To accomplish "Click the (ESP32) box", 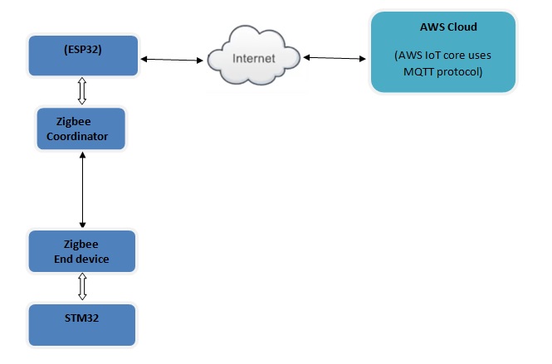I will [81, 55].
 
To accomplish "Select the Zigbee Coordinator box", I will [81, 129].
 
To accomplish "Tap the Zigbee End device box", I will [81, 252].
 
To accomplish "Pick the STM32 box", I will [81, 324].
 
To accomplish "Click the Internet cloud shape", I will [253, 59].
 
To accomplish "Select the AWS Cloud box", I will [443, 51].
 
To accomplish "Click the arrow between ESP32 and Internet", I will [173, 60].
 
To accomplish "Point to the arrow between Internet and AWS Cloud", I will [336, 58].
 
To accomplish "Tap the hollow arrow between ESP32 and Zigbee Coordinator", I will [81, 90].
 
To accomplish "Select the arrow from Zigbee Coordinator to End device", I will [81, 190].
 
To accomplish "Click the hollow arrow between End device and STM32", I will [81, 287].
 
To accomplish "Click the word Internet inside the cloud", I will [253, 60].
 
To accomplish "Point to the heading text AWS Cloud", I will [448, 27].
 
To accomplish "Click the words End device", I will [81, 260].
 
